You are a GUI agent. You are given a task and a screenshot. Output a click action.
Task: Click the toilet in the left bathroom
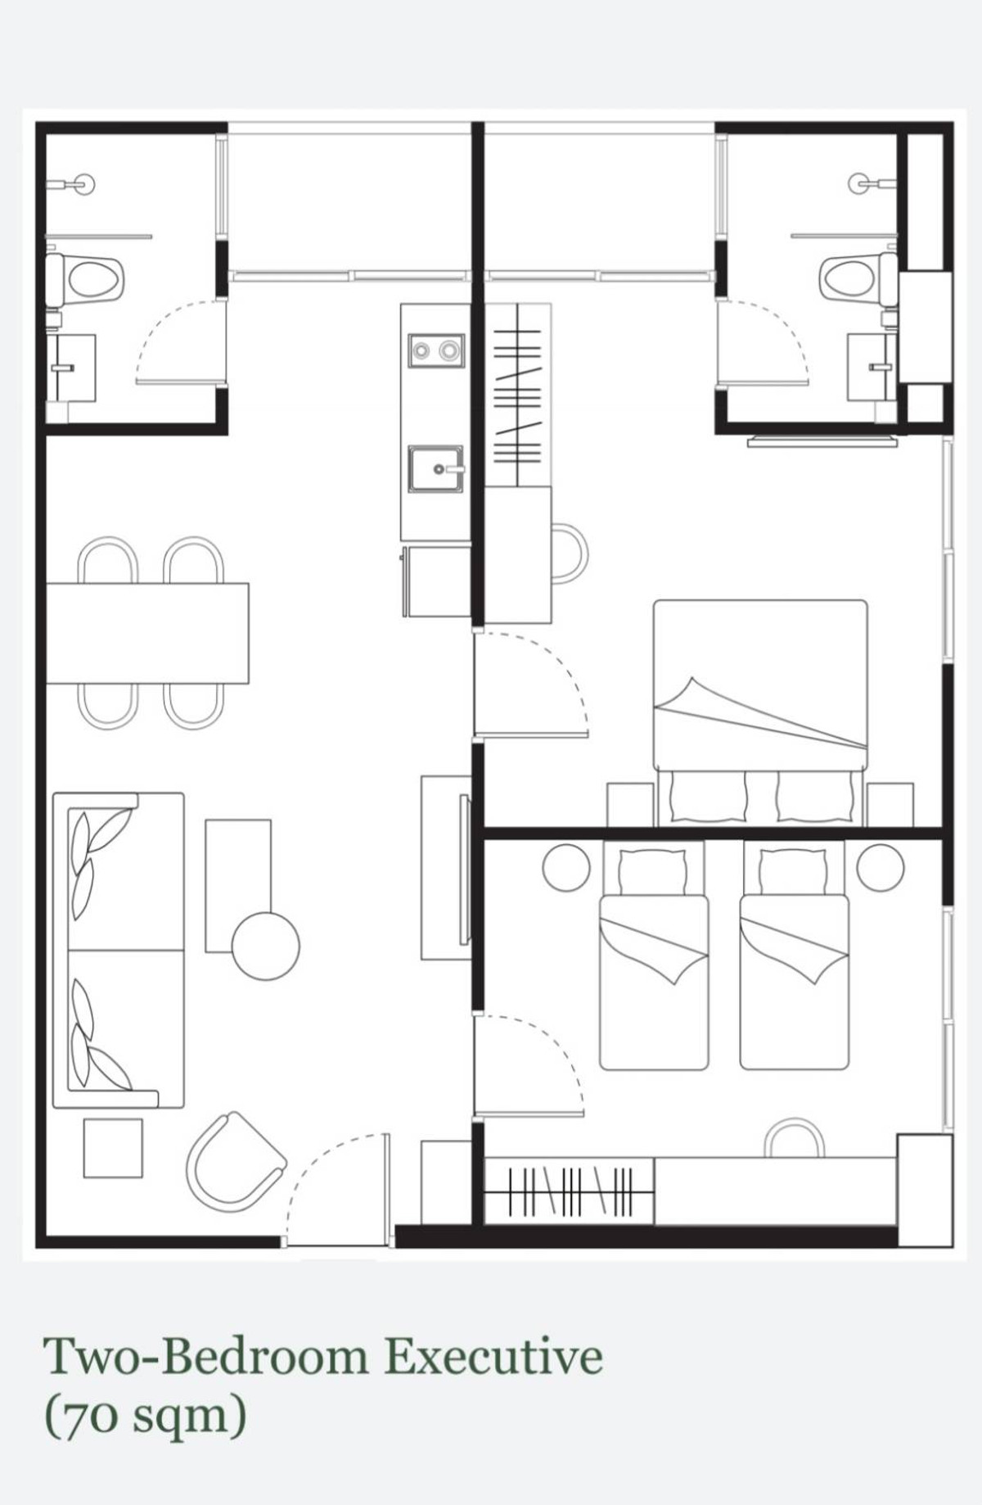click(x=88, y=279)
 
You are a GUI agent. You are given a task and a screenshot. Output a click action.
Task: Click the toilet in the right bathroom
click(x=856, y=278)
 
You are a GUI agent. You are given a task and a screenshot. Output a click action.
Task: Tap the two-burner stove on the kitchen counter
click(x=435, y=351)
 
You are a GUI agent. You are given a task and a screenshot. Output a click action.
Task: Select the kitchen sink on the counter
click(x=436, y=468)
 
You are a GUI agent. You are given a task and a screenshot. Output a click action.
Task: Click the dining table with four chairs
click(x=147, y=632)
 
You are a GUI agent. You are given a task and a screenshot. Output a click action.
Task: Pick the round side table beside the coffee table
click(x=265, y=945)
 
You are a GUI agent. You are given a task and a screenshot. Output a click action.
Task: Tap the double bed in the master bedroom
click(x=759, y=688)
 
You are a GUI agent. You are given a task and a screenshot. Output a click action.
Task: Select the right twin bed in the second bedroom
click(x=794, y=974)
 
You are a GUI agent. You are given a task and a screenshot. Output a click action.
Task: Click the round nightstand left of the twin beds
click(x=565, y=867)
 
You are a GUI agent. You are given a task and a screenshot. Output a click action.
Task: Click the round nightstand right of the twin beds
click(x=880, y=867)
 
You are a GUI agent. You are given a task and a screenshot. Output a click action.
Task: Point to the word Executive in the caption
click(x=493, y=1357)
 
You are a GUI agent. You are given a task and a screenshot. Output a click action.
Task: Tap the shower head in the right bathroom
click(x=861, y=183)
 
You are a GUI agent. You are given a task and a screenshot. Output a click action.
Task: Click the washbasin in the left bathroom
click(x=71, y=368)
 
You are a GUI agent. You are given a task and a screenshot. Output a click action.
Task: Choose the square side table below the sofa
click(x=113, y=1148)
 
